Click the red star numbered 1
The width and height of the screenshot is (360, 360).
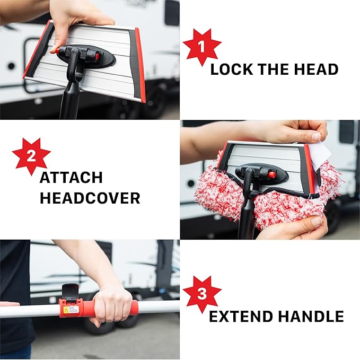click(201, 46)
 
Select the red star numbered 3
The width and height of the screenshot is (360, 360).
click(201, 294)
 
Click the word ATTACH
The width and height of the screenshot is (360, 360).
click(71, 178)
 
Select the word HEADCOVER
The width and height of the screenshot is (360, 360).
click(90, 198)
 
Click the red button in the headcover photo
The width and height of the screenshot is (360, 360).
click(271, 174)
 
